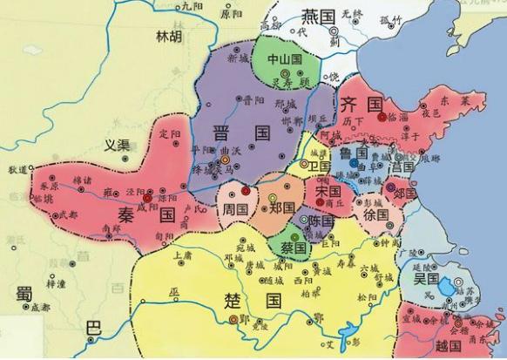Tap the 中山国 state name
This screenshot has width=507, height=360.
click(284, 59)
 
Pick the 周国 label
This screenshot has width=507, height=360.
click(236, 210)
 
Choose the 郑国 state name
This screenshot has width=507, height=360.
click(281, 210)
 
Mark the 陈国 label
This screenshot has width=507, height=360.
click(315, 222)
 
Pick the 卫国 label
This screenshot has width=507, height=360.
click(319, 166)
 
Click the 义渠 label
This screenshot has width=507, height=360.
click(116, 146)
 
